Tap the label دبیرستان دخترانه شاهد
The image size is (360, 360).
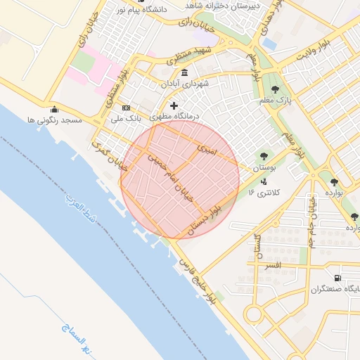223,5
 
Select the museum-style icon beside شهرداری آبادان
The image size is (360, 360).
184,73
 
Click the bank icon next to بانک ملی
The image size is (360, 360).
126,108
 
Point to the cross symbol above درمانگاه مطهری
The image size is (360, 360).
174,105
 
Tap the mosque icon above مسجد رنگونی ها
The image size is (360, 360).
54,109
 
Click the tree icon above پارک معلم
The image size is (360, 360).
274,89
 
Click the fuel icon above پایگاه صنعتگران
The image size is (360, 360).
338,278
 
